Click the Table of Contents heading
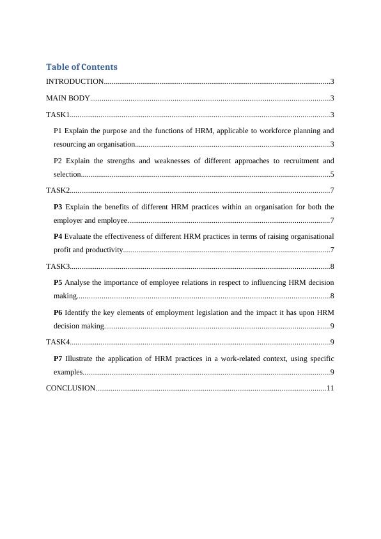pos(82,67)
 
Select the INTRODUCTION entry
pos(75,82)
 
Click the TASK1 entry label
pos(58,115)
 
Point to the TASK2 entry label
pos(58,190)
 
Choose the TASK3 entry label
pos(58,266)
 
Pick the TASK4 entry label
pos(58,342)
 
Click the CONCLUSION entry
pos(70,388)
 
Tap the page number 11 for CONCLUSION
pos(330,388)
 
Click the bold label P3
pos(58,207)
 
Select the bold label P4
pos(58,236)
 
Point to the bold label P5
pos(58,282)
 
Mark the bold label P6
pos(58,312)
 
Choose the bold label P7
pos(58,358)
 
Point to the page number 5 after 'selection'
pos(332,174)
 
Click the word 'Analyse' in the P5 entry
pos(78,282)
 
